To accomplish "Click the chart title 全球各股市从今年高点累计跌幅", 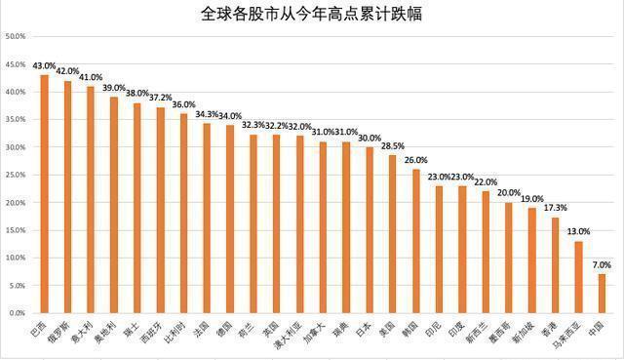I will pyautogui.click(x=312, y=14).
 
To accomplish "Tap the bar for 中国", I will pyautogui.click(x=602, y=294).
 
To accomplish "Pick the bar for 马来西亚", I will pyautogui.click(x=578, y=277).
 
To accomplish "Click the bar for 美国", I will pyautogui.click(x=393, y=234).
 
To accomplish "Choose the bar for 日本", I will pyautogui.click(x=370, y=230).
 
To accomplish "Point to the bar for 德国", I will pyautogui.click(x=230, y=220).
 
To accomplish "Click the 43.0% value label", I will pyautogui.click(x=43, y=66).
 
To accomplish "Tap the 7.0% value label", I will pyautogui.click(x=602, y=265).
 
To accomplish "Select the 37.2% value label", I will pyautogui.click(x=160, y=99).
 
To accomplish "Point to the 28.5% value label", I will pyautogui.click(x=393, y=146).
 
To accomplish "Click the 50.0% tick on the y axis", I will pyautogui.click(x=16, y=37).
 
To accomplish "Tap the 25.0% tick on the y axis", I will pyautogui.click(x=16, y=176).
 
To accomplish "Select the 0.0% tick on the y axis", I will pyautogui.click(x=16, y=314).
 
